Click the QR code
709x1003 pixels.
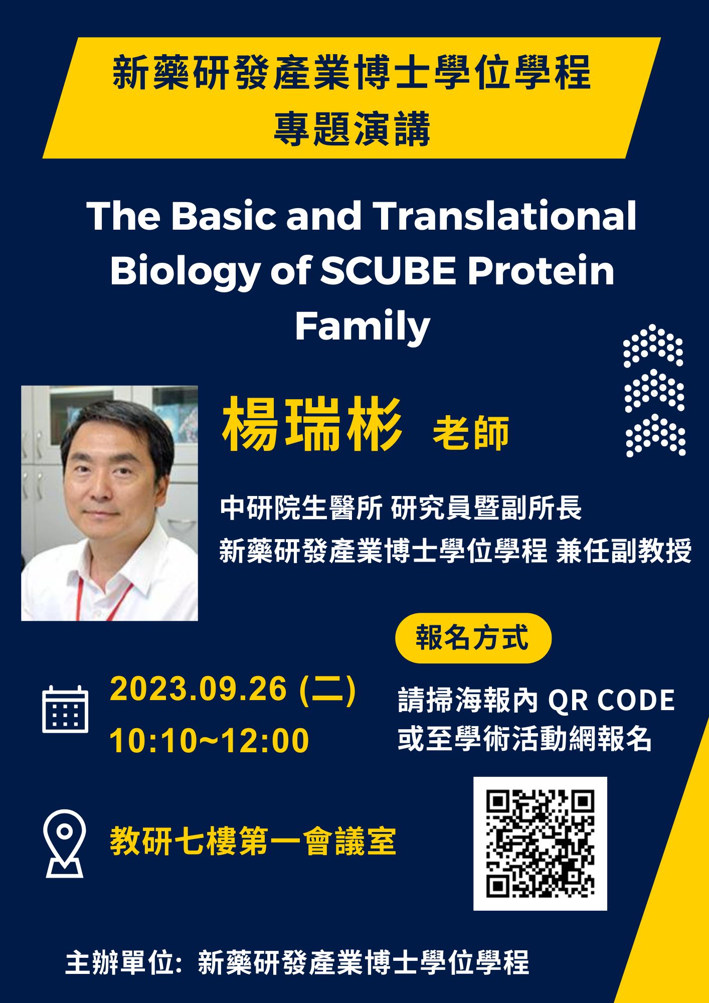tap(540, 844)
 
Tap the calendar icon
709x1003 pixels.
tap(65, 709)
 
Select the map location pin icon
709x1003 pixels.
tap(65, 843)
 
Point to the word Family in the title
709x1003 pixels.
tap(363, 326)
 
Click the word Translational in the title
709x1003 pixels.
tap(504, 216)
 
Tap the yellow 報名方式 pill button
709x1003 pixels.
tap(473, 638)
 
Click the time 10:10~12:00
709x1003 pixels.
tap(209, 741)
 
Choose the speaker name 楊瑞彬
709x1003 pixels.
tap(312, 425)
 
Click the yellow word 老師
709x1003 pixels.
tap(471, 432)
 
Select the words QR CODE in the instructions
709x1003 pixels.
tap(611, 700)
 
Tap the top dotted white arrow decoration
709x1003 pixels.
tap(653, 346)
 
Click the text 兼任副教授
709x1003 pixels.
tap(624, 551)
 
